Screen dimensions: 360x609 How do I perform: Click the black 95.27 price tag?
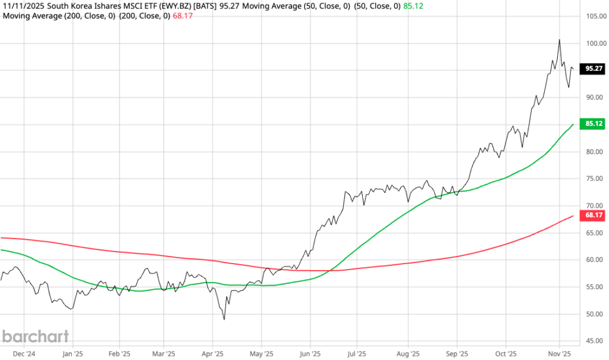click(x=594, y=68)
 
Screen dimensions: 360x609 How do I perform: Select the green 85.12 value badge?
click(x=594, y=124)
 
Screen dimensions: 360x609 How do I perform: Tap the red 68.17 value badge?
click(x=594, y=215)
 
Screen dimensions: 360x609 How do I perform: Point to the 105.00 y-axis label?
click(x=595, y=15)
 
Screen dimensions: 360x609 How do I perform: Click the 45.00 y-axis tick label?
click(x=595, y=341)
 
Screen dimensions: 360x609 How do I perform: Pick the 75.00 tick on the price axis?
click(x=595, y=179)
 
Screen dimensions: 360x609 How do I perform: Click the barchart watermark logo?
click(x=36, y=336)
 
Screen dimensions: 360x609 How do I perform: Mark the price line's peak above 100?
click(x=559, y=40)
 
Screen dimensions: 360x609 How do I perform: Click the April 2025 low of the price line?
click(x=224, y=319)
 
